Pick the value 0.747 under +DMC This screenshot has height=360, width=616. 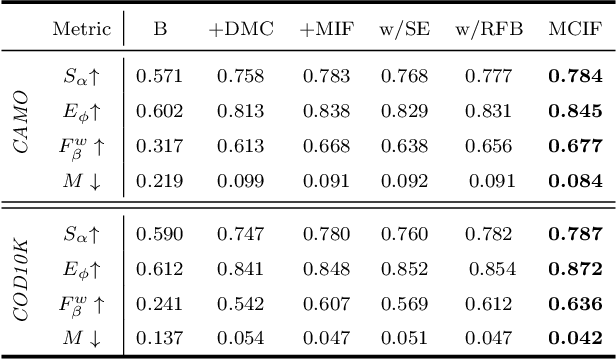[x=235, y=233]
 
